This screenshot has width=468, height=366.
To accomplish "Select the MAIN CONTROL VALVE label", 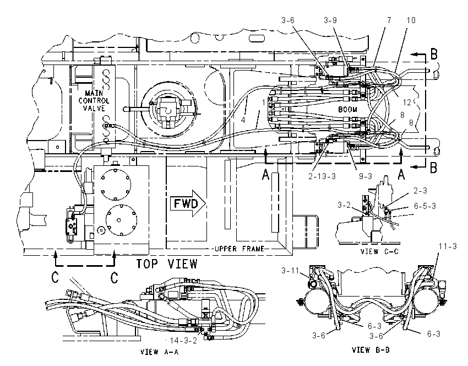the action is [94, 101].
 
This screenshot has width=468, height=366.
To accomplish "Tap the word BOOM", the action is [347, 110].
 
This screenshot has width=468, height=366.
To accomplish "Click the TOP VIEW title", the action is [167, 264].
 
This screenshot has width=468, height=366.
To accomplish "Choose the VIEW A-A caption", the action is [159, 352].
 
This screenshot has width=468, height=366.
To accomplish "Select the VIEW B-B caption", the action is [371, 350].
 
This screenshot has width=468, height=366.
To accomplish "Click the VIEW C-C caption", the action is [379, 251].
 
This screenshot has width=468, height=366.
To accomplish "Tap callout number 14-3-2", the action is [183, 341].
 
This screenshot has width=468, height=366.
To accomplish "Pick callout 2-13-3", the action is [322, 176].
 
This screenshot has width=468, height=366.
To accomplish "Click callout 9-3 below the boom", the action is [366, 176].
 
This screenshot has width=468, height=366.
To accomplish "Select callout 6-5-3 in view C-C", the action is [425, 206].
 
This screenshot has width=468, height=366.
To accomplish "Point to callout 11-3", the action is [448, 246].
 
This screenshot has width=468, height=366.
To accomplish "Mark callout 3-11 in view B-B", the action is [290, 271].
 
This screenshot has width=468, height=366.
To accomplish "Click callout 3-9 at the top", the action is [330, 20].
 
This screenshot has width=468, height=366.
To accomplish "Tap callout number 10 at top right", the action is [411, 20].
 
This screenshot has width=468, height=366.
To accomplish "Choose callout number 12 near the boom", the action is [407, 103].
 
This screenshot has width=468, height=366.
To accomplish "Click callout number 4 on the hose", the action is [243, 120].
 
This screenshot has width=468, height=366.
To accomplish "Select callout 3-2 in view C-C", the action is [344, 205].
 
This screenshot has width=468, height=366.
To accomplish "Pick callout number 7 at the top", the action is [389, 20].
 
